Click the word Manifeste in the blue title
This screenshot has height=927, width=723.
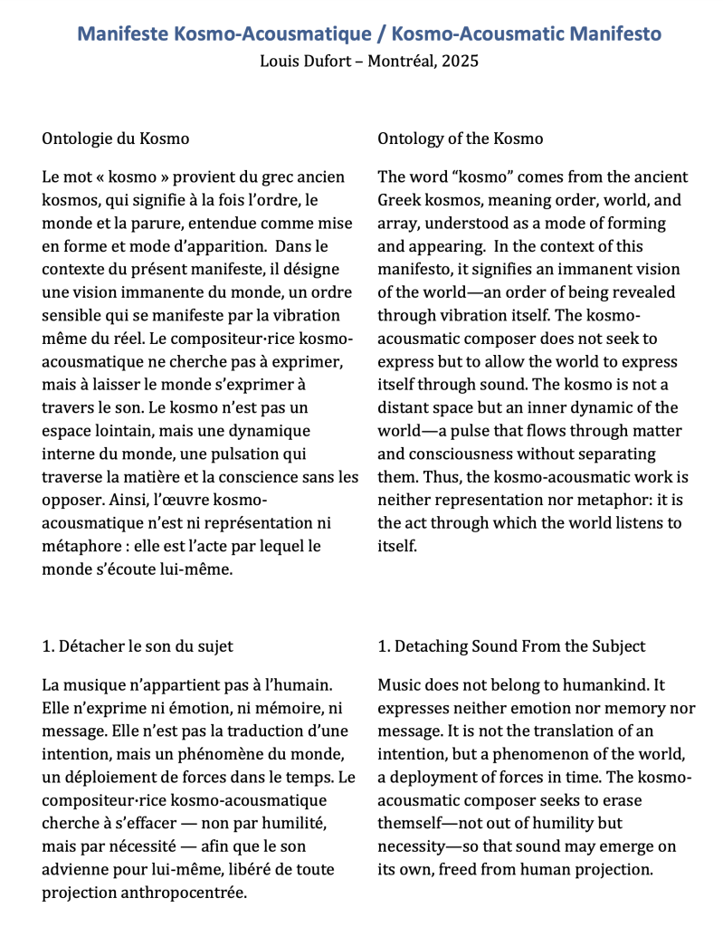coord(127,34)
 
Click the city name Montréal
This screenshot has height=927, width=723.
coord(401,62)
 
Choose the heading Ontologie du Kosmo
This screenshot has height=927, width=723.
coord(116,139)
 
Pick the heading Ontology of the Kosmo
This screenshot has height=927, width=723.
coord(460,139)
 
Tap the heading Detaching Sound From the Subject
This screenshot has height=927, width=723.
coord(511,645)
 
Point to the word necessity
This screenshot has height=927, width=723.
coord(415,846)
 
